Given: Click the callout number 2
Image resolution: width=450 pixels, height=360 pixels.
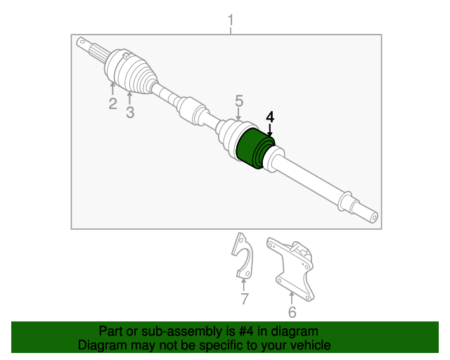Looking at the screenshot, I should (112, 105).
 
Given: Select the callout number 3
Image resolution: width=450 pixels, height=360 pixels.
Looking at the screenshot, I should (130, 112).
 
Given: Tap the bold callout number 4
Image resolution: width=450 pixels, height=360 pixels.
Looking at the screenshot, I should (270, 117).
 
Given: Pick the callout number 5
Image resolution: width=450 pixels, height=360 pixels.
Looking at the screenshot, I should (239, 101).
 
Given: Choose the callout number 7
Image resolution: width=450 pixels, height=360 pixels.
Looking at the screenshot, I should (244, 300).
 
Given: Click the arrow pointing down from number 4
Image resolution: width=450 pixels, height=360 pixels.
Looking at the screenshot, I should (270, 129).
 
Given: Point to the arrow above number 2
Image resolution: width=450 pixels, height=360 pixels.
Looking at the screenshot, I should (112, 88).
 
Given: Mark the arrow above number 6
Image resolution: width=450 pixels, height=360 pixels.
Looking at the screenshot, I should (291, 296).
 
